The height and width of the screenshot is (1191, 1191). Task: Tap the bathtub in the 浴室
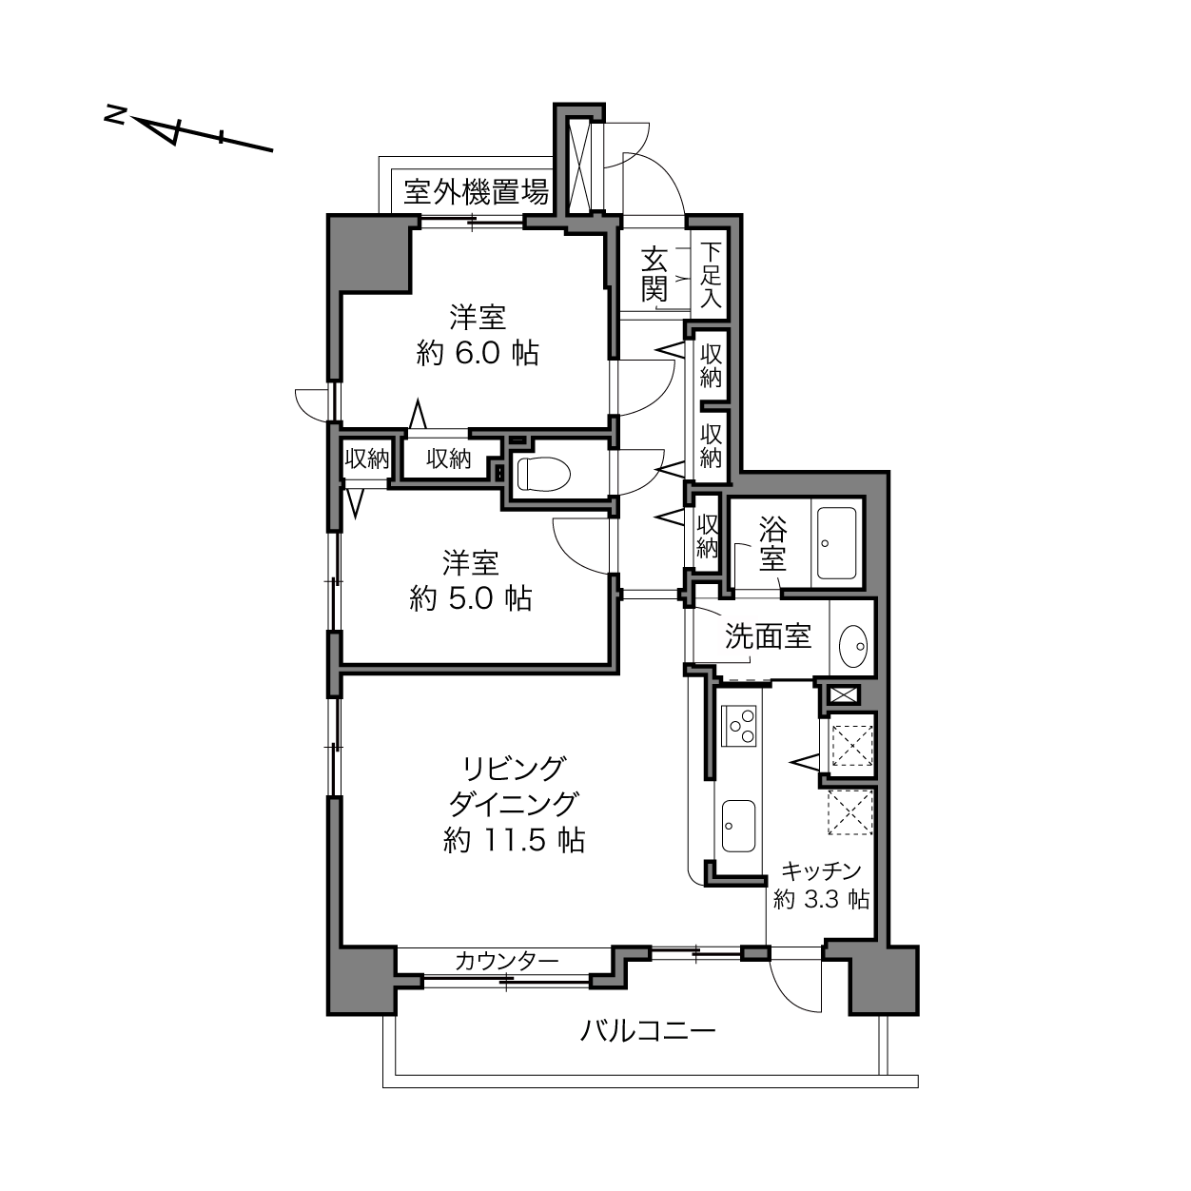point(837,542)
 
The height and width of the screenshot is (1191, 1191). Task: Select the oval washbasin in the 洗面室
point(853,645)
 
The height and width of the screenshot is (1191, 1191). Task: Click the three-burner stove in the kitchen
point(739,726)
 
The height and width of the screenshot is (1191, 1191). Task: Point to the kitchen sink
point(738,826)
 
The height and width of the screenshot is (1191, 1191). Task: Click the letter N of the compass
point(115,114)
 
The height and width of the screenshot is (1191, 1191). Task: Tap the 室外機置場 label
point(476,191)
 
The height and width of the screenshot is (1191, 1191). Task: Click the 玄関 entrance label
point(654,273)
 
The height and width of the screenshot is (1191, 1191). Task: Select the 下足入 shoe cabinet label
point(711,275)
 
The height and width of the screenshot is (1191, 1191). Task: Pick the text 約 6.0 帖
point(478,354)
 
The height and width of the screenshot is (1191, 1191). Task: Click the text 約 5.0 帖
point(470,598)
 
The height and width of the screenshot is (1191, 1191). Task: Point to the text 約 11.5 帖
point(515,840)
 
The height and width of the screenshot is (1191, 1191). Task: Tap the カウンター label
point(507,961)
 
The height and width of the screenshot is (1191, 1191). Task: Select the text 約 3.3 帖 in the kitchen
point(821,899)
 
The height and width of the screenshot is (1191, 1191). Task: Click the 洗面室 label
point(768,635)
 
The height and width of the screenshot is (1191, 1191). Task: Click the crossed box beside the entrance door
point(579,166)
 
